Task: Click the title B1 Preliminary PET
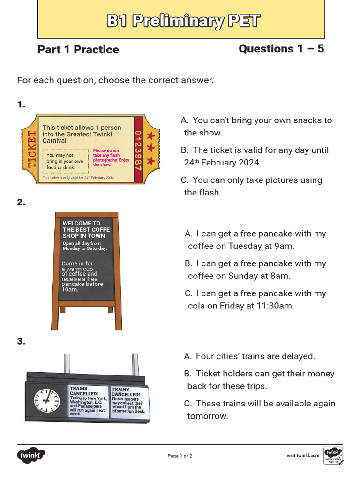coord(183,21)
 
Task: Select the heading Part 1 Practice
coord(78,50)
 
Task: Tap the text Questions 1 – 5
coord(281,49)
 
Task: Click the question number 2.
coord(21,202)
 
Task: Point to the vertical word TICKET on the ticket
coord(32,150)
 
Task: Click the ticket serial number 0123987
coord(138,150)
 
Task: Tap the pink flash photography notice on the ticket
coord(111,158)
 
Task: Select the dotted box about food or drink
coord(65,161)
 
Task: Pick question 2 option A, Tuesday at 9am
coord(255,240)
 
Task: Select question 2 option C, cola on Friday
coord(255,300)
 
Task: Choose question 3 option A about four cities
coord(249,356)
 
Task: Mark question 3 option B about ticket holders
coord(259,380)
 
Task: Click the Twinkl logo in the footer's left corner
coord(31,455)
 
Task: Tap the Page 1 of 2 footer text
coord(180,456)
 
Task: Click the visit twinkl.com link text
coord(303,455)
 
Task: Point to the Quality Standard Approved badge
coord(333,455)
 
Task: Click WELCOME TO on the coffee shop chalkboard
coord(82,224)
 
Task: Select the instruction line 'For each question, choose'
coord(115,80)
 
